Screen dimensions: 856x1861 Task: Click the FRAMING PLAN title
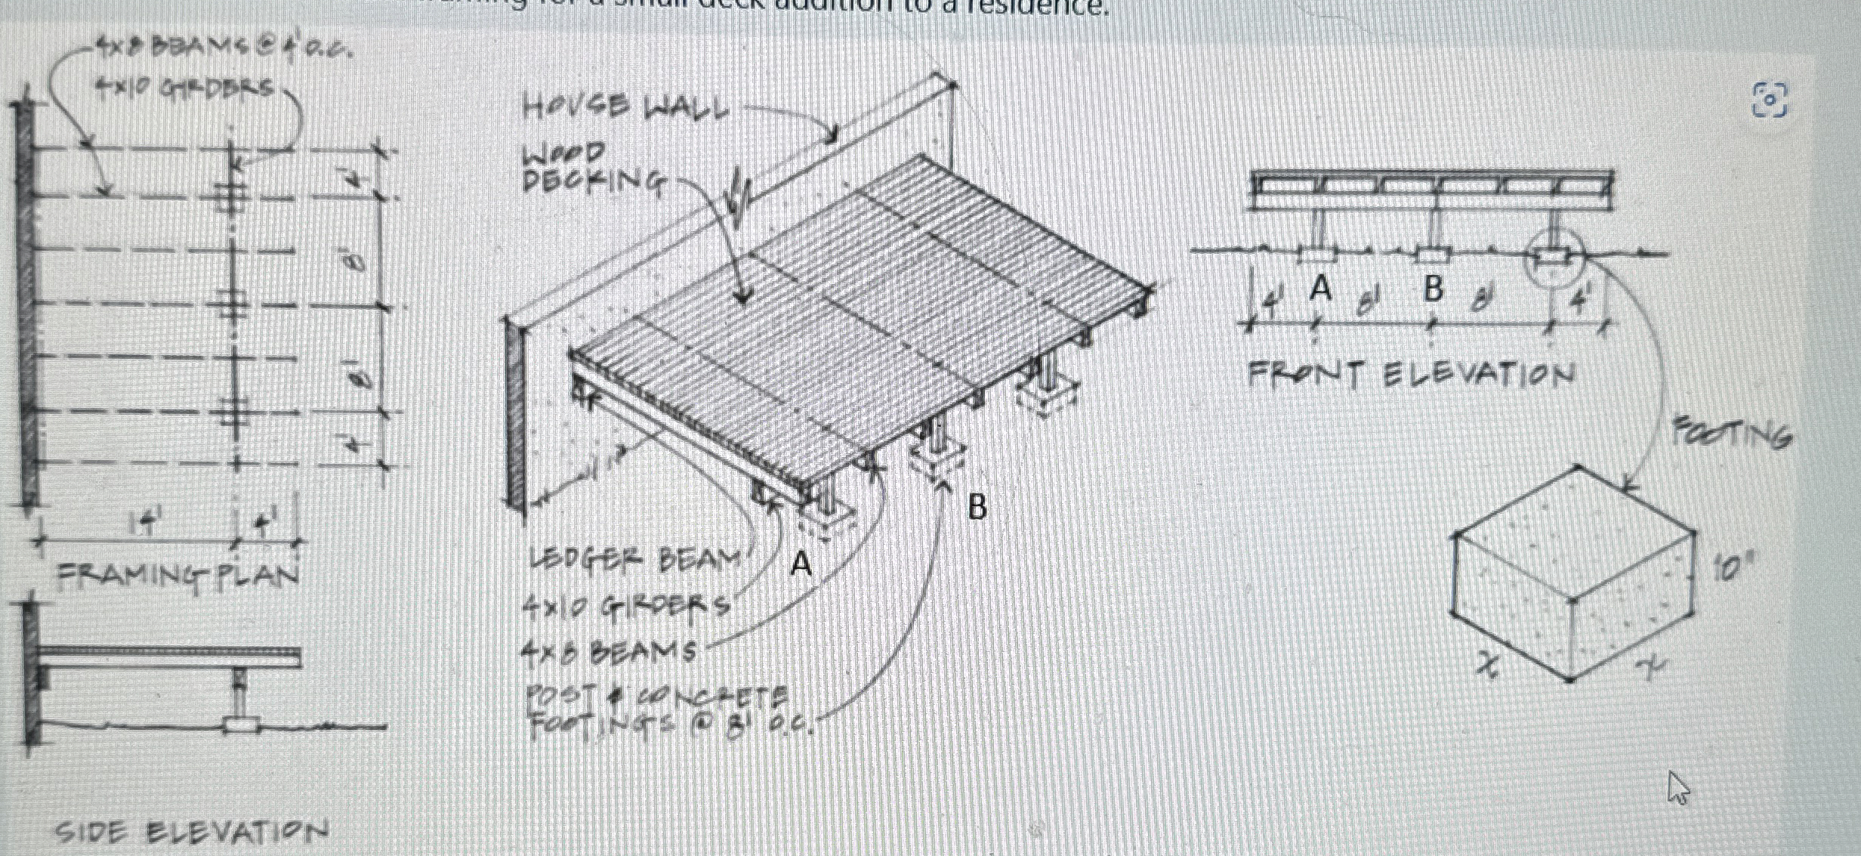tap(178, 576)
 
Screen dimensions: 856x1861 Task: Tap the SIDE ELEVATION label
tap(192, 833)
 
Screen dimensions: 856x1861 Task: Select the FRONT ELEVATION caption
tap(1411, 375)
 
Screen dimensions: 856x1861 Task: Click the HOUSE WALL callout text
tap(625, 107)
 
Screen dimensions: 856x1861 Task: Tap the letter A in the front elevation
tap(1319, 288)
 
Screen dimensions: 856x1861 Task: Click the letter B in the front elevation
tap(1432, 288)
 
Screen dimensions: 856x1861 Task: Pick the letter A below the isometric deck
tap(801, 564)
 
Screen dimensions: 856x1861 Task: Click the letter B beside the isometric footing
tap(977, 508)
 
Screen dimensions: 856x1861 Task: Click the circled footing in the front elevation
tap(1552, 258)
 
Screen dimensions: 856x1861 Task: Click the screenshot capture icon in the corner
tap(1770, 100)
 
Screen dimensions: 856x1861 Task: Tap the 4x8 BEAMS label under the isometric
tap(608, 652)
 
